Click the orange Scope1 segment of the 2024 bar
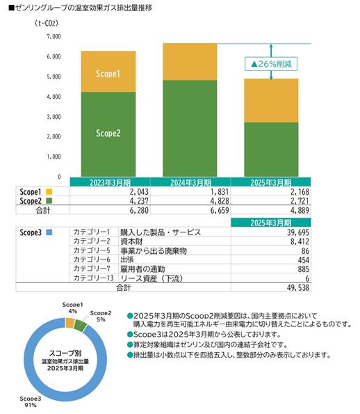tap(190, 62)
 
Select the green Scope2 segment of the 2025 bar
tap(271, 150)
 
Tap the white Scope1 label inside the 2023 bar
tap(108, 74)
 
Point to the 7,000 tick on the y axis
tap(54, 36)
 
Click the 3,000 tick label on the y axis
tap(54, 117)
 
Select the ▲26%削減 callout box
tap(271, 64)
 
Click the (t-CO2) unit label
tap(47, 23)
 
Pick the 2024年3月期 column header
tap(190, 182)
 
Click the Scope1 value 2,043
tap(139, 191)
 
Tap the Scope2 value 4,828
tap(220, 201)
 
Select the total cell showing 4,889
tap(300, 210)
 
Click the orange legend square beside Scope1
tap(49, 191)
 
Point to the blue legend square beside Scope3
tap(49, 232)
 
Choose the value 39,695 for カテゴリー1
tap(298, 232)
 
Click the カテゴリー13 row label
tap(93, 278)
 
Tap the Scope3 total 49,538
tap(298, 287)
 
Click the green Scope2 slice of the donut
tap(81, 326)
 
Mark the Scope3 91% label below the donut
tap(31, 401)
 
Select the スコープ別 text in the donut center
tap(65, 353)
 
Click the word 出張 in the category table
tap(127, 260)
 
